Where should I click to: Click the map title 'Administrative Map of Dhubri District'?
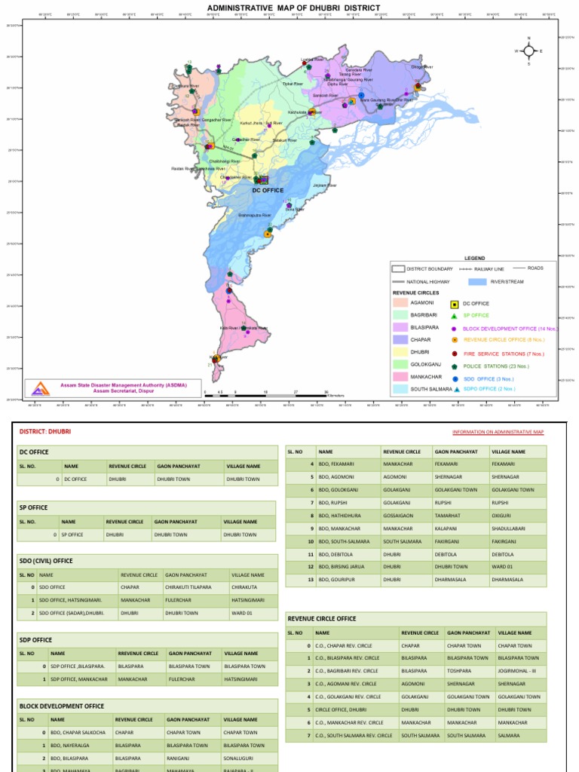click(293, 8)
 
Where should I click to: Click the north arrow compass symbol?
click(529, 51)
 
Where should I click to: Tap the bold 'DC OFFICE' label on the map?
click(268, 191)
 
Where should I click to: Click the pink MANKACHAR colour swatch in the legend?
click(400, 375)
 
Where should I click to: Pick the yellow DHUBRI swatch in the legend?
click(400, 351)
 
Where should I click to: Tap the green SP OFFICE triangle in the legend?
click(454, 315)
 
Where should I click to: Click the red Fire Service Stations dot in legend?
click(454, 353)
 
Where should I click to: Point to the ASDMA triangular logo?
click(38, 388)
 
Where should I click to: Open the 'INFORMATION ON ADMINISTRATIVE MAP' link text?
click(498, 432)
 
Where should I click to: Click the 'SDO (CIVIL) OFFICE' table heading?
click(47, 561)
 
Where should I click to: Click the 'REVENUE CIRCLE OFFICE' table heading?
click(322, 618)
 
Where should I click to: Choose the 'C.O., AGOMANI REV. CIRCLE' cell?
click(346, 684)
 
